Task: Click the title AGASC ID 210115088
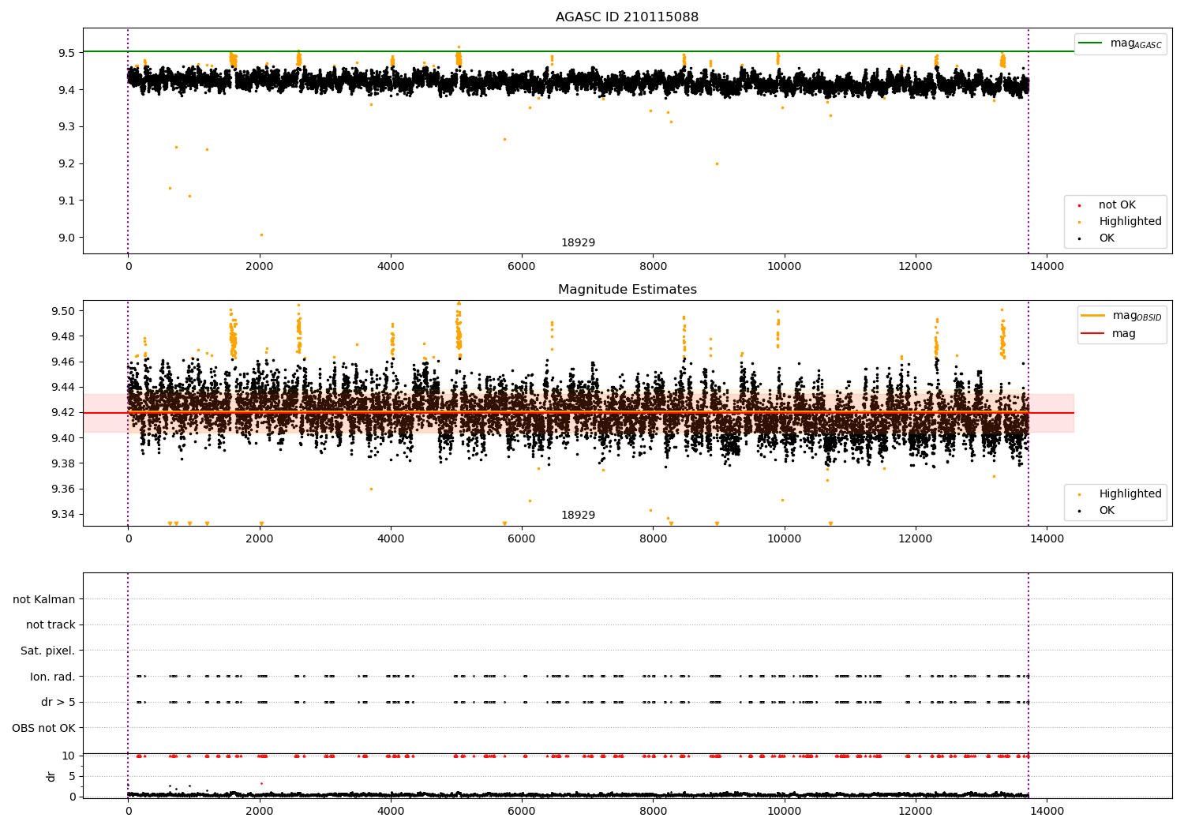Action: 627,17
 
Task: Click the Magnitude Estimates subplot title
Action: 628,289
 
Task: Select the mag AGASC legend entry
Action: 1120,43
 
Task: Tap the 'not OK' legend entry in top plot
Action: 1107,204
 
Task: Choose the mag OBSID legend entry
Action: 1121,316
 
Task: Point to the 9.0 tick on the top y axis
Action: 66,238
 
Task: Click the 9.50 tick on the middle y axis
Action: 63,311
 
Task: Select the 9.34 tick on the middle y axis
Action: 63,515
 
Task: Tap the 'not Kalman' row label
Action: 44,599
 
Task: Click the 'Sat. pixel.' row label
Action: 47,651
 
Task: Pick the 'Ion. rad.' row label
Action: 52,676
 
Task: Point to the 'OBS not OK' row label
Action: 43,728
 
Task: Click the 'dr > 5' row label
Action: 58,702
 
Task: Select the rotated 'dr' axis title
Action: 51,776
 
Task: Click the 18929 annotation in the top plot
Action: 578,242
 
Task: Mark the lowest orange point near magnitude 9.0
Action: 261,234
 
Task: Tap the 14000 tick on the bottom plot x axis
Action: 1047,812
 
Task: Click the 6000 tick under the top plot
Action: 522,267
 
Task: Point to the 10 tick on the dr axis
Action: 68,756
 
